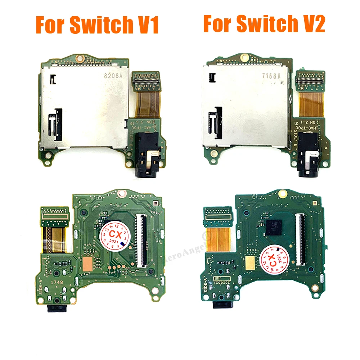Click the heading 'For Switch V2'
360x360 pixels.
point(264,24)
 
